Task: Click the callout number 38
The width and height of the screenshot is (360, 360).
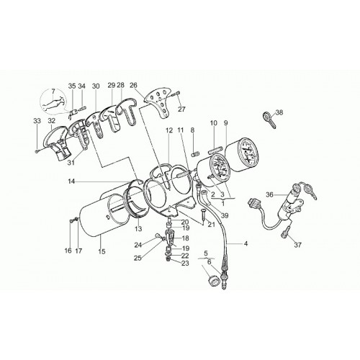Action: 279,112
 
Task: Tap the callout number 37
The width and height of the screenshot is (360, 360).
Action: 298,245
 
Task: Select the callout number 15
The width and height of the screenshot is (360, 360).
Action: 102,251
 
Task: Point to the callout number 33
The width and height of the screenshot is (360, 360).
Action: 37,121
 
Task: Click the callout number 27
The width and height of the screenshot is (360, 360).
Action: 181,109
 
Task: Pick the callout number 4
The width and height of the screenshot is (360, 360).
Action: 246,244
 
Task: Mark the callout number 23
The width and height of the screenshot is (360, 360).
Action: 185,264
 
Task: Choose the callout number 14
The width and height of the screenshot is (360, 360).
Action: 71,181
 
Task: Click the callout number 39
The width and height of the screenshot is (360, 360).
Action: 225,215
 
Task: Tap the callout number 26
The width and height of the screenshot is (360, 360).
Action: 133,85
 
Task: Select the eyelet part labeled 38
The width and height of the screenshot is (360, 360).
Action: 269,119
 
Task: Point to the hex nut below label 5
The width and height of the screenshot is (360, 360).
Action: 213,280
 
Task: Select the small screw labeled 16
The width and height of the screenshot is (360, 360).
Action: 71,220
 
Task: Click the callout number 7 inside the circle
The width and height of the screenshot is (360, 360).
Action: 53,91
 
